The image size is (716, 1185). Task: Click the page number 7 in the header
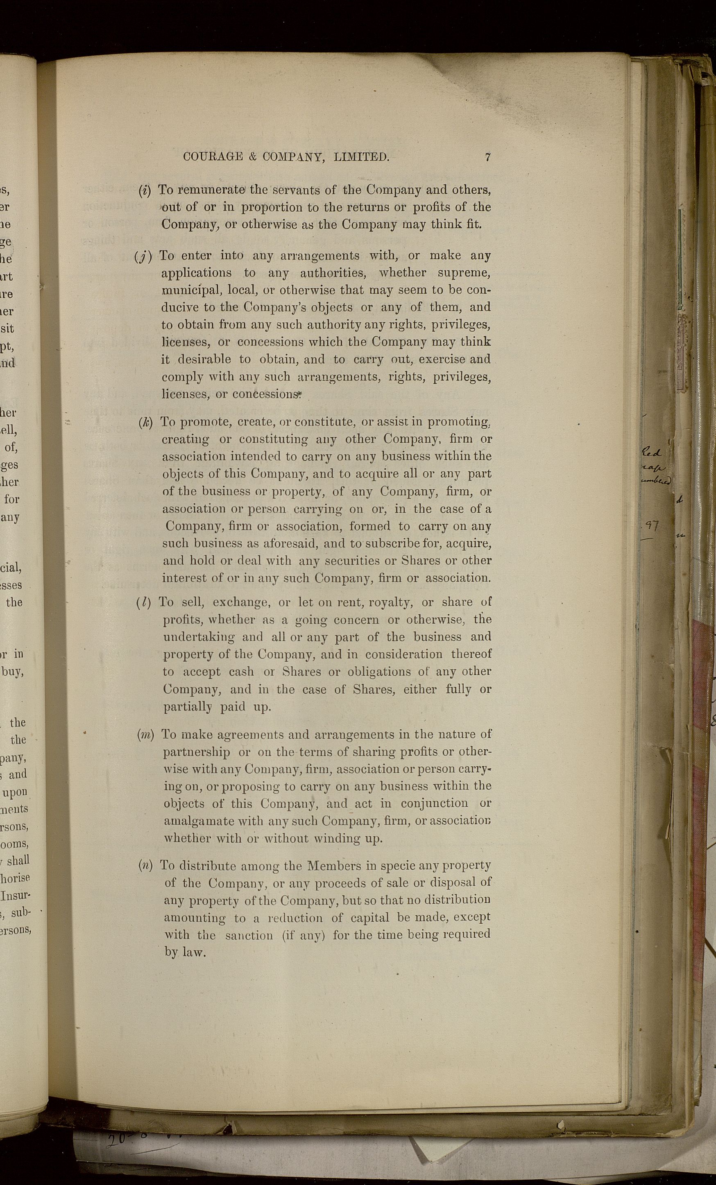pyautogui.click(x=487, y=157)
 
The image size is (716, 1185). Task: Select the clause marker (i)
pyautogui.click(x=144, y=190)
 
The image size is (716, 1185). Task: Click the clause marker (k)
pyautogui.click(x=145, y=422)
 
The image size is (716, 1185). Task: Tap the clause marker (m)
pyautogui.click(x=145, y=734)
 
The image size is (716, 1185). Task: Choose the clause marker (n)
pyautogui.click(x=145, y=866)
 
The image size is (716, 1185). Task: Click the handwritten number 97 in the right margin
pyautogui.click(x=652, y=526)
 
